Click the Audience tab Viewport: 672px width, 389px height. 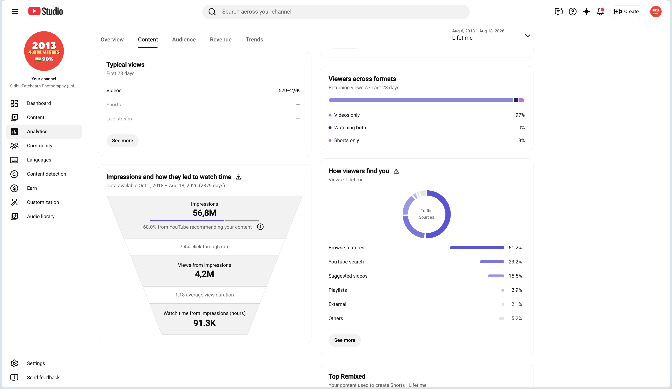point(184,39)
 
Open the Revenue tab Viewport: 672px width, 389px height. point(220,39)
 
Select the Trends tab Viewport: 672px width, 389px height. point(254,39)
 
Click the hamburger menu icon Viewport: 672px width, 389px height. point(15,11)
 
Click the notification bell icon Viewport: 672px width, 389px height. point(600,11)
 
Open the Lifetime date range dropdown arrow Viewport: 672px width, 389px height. point(527,35)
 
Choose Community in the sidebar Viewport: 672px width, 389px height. point(39,146)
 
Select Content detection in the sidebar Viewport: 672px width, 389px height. point(46,174)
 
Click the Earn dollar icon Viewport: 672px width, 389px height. point(14,188)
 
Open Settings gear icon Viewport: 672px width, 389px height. point(14,363)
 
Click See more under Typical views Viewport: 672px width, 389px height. point(122,140)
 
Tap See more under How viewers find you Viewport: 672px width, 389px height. point(344,340)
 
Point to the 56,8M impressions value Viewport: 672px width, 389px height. point(205,213)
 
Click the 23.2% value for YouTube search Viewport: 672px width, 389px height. point(515,262)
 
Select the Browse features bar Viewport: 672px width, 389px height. point(477,248)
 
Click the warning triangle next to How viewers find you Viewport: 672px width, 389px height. point(396,171)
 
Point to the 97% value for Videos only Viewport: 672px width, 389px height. point(520,115)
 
